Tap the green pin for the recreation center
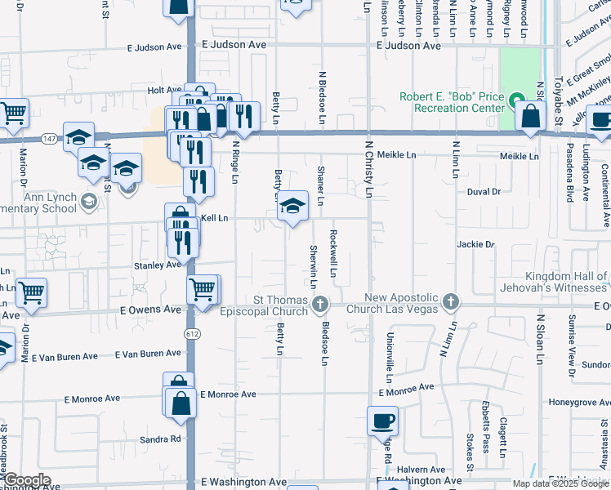point(516,102)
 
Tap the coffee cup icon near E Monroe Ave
point(382,422)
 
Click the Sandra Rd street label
point(160,439)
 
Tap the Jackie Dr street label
point(475,244)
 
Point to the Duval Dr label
point(483,192)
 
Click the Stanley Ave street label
point(157,265)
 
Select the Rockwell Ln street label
point(334,252)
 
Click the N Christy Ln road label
point(368,171)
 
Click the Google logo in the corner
point(26,480)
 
